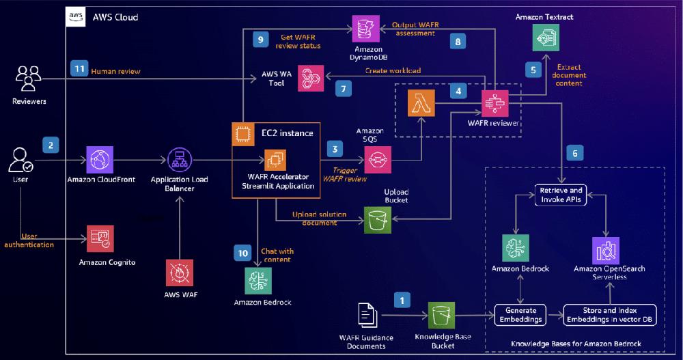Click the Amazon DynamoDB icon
coord(362,28)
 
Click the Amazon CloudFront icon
coord(101,160)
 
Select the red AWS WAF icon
coord(180,273)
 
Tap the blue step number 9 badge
coord(259,40)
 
